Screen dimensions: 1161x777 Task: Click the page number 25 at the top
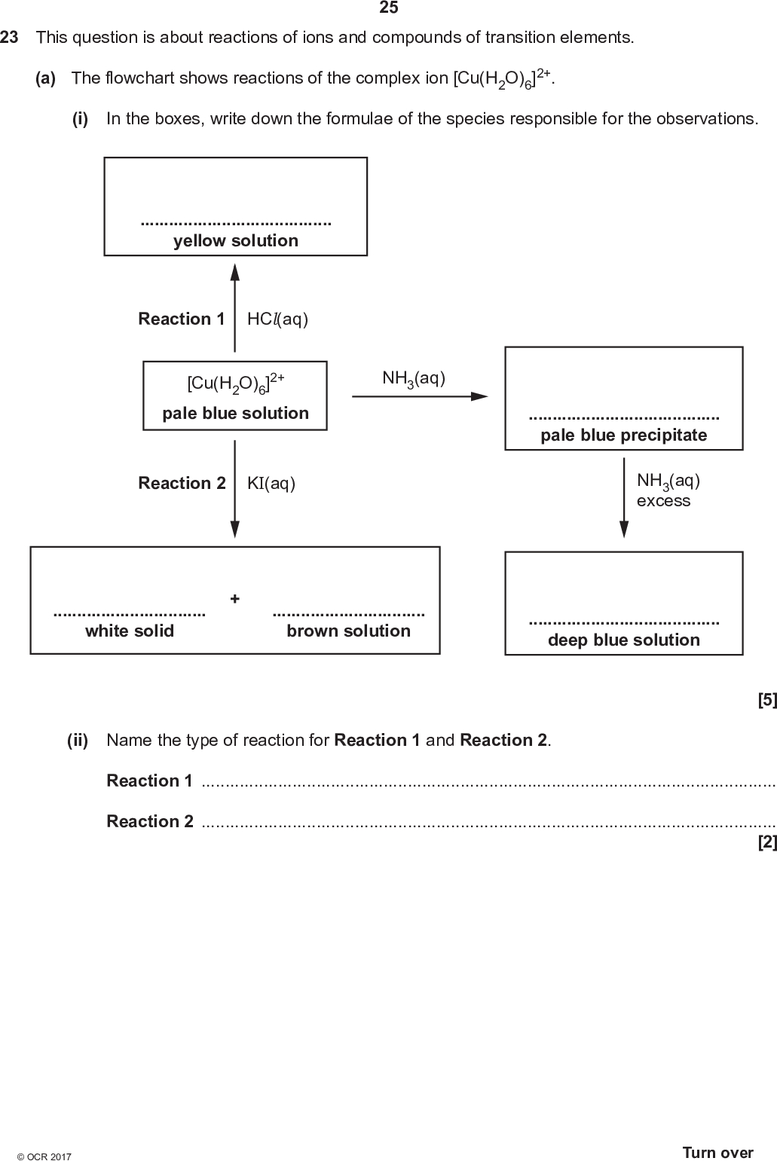click(x=388, y=8)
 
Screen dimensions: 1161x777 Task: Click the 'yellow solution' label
click(x=235, y=241)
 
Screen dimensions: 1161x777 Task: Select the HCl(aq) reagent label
click(x=277, y=319)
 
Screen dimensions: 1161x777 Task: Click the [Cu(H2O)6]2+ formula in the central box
click(x=235, y=383)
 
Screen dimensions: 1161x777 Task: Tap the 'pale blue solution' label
click(x=235, y=414)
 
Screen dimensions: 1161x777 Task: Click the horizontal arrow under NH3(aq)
click(x=420, y=396)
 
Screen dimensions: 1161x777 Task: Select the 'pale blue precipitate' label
click(x=623, y=435)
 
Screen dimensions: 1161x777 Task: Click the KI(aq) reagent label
click(x=271, y=484)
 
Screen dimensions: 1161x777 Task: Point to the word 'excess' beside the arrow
click(x=663, y=501)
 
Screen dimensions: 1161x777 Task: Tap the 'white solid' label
click(x=129, y=631)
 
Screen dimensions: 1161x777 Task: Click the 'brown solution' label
click(x=348, y=631)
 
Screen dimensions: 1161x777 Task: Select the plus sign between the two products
click(x=235, y=599)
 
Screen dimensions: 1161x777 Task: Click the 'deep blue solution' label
click(x=623, y=640)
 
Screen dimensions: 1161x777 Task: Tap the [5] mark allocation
click(x=766, y=700)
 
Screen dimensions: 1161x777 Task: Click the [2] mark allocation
click(x=766, y=843)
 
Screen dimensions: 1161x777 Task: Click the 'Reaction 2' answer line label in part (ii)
click(x=150, y=821)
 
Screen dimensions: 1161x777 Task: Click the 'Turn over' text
click(x=717, y=1153)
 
